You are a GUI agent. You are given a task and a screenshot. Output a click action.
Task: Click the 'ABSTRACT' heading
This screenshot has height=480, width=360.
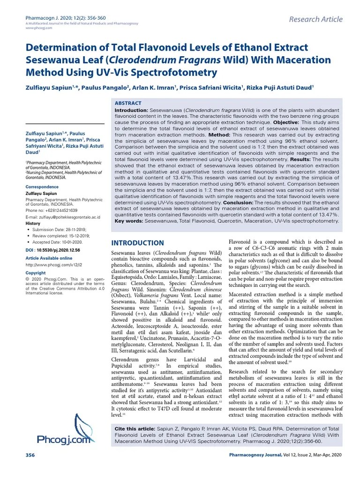[128, 103]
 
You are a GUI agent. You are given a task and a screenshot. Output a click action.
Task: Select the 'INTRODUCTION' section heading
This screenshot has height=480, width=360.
[137, 243]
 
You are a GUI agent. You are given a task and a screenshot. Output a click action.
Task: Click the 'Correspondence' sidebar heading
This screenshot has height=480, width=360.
[42, 187]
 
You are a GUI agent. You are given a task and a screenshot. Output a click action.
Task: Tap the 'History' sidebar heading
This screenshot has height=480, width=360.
[33, 224]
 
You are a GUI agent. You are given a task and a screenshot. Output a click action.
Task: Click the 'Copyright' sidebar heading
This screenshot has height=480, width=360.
[36, 273]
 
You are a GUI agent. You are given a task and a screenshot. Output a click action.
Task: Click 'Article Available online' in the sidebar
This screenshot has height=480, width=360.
[49, 258]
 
